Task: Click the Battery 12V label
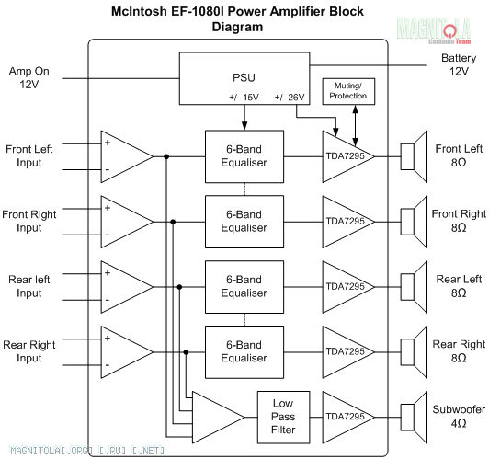pos(459,64)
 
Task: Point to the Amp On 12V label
pos(29,77)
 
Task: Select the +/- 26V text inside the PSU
pos(290,98)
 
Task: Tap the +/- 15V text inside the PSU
pos(244,98)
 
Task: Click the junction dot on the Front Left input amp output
pos(166,156)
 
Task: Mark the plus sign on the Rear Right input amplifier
pos(108,339)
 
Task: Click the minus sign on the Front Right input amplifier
pos(108,235)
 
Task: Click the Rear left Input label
pos(29,286)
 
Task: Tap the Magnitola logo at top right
pos(434,30)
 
